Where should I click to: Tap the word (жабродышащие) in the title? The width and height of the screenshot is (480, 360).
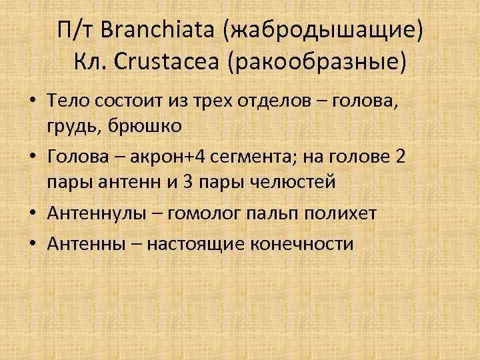click(x=324, y=31)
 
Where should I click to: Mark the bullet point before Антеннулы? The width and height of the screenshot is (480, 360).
click(x=33, y=213)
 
